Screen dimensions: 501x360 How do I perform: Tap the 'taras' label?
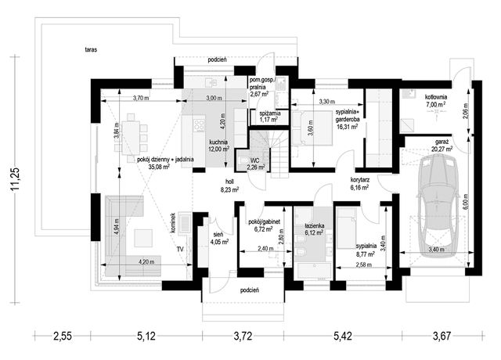coord(91,49)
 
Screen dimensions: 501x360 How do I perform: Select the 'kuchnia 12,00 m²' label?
coord(219,146)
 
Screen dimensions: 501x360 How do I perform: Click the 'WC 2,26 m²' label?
coord(256,164)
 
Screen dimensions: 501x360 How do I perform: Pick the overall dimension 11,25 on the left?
coord(15,179)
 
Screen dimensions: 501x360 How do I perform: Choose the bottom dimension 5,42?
coord(343,336)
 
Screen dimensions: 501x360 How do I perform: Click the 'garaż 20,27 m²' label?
coord(442,146)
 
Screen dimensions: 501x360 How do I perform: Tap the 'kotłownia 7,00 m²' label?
coord(435,101)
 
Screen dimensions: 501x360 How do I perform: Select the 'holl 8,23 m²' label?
coord(229,185)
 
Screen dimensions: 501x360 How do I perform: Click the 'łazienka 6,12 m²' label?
coord(314,229)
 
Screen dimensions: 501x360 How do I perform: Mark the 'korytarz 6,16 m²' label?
coord(360,185)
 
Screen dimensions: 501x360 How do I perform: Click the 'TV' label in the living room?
coord(180,249)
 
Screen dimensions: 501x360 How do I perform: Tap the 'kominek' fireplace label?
coord(173,224)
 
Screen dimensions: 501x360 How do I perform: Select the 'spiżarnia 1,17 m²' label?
coord(270,117)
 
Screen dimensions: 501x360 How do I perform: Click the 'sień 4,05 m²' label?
coord(219,239)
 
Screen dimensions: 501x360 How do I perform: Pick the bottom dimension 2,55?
coord(63,336)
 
